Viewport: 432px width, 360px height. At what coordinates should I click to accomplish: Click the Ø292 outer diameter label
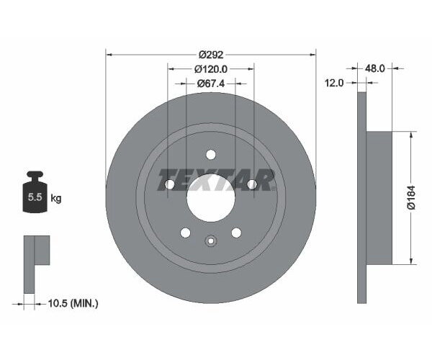pyautogui.click(x=211, y=54)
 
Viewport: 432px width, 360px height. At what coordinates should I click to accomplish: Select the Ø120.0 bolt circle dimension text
pyautogui.click(x=211, y=69)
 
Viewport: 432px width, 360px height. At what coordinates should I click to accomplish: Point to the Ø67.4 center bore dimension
pyautogui.click(x=211, y=84)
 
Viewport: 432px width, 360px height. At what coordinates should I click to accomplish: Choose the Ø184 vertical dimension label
pyautogui.click(x=411, y=197)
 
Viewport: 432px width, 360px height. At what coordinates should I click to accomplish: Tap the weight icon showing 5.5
pyautogui.click(x=34, y=194)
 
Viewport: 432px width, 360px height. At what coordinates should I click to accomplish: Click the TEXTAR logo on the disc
pyautogui.click(x=215, y=180)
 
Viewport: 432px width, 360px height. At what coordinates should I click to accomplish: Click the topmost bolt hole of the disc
pyautogui.click(x=211, y=154)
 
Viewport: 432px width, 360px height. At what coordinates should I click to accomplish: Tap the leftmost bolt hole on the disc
pyautogui.click(x=170, y=185)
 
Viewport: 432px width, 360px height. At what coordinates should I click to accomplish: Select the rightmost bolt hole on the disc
pyautogui.click(x=252, y=185)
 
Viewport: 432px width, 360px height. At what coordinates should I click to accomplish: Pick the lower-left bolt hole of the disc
pyautogui.click(x=186, y=232)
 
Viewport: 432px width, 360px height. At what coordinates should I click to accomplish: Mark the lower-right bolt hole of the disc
pyautogui.click(x=236, y=232)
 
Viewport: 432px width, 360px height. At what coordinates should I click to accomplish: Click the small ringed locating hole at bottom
pyautogui.click(x=211, y=241)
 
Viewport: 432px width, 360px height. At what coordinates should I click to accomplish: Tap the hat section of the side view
pyautogui.click(x=379, y=197)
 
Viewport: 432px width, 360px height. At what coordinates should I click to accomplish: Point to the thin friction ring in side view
pyautogui.click(x=362, y=197)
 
